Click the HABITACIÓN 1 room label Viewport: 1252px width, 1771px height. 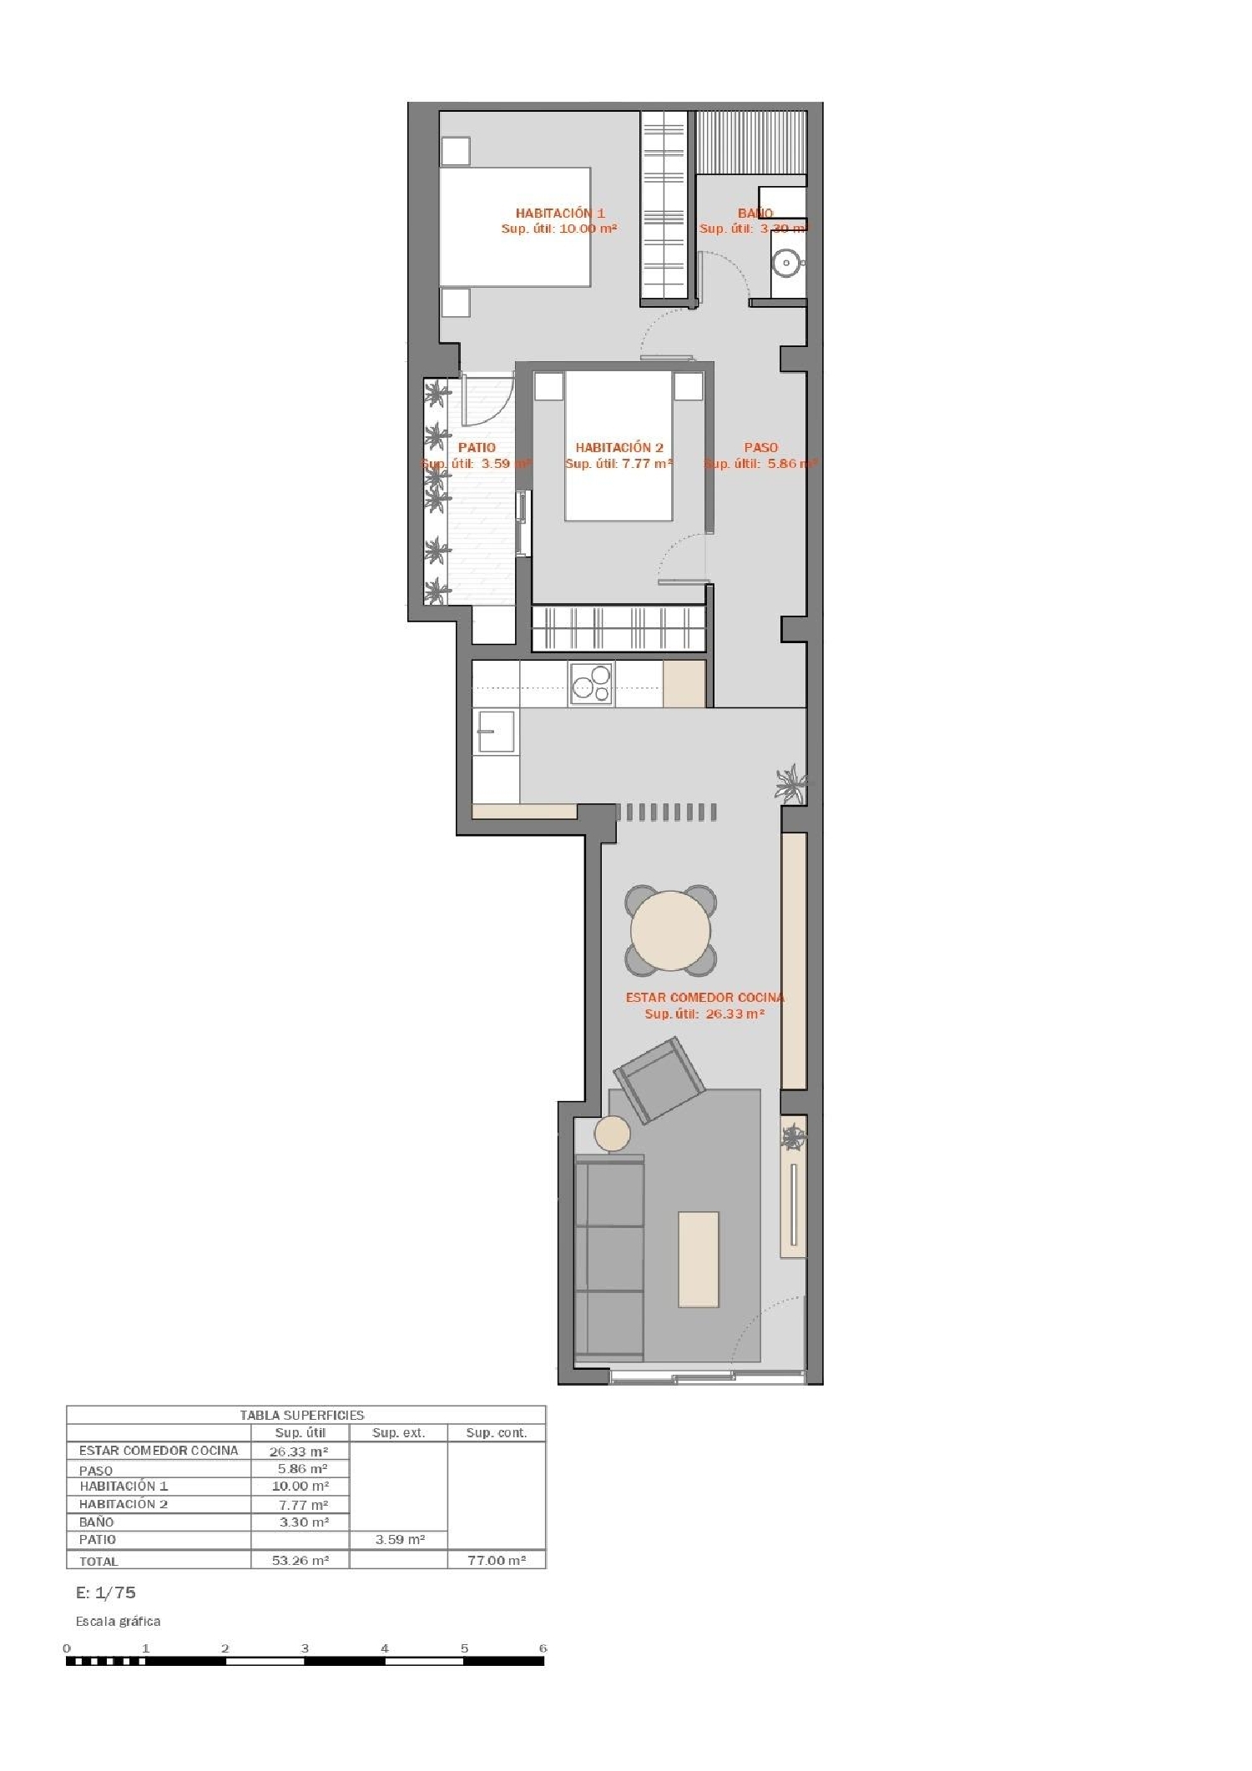[559, 214]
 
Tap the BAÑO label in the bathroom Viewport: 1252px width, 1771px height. [755, 214]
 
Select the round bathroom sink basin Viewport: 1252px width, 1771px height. [785, 264]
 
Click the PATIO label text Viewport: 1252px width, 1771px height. [477, 448]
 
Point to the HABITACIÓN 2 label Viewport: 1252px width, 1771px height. [618, 448]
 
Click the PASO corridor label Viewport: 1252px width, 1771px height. [760, 448]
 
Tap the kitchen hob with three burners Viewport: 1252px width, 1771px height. [592, 684]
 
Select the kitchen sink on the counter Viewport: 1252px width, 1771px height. [495, 731]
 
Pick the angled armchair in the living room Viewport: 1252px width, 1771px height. [659, 1080]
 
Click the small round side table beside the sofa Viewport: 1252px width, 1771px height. [612, 1135]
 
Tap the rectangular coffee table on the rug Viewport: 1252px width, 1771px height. [699, 1259]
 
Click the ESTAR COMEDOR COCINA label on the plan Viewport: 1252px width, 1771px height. [704, 998]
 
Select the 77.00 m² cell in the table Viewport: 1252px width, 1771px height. [496, 1560]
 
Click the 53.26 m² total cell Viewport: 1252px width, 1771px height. [300, 1560]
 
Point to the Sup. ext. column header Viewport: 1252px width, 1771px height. [398, 1433]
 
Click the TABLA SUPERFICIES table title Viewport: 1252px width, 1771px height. [301, 1415]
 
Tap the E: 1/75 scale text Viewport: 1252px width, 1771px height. [105, 1592]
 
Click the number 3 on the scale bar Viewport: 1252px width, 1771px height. [305, 1648]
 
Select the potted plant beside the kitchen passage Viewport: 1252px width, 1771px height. [790, 784]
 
